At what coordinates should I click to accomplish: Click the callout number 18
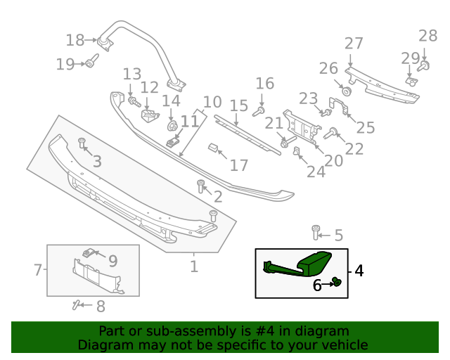[x=75, y=40]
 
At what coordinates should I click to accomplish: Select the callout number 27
[x=354, y=44]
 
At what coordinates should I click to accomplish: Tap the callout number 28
[x=427, y=36]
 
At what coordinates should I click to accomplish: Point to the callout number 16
[x=264, y=84]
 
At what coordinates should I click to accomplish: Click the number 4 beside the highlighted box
[x=359, y=271]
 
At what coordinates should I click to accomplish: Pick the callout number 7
[x=38, y=269]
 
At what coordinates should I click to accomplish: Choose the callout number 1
[x=194, y=267]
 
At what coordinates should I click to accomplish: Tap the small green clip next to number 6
[x=336, y=283]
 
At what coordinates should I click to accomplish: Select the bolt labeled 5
[x=316, y=231]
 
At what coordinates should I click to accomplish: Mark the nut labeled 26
[x=347, y=91]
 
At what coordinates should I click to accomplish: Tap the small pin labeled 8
[x=76, y=304]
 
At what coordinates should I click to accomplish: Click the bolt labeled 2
[x=201, y=186]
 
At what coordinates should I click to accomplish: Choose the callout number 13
[x=131, y=75]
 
